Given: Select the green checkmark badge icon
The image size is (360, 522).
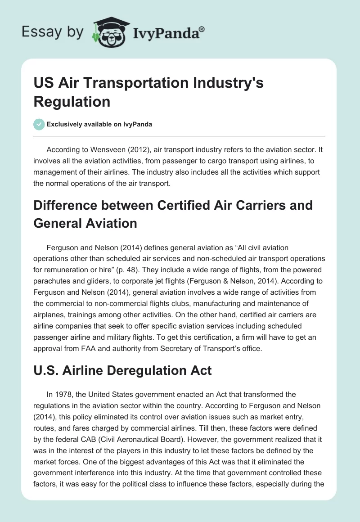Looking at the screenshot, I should [x=39, y=124].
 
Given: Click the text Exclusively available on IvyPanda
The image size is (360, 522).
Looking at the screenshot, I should [x=100, y=125].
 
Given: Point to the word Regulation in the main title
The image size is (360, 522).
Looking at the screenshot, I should [x=72, y=101].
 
